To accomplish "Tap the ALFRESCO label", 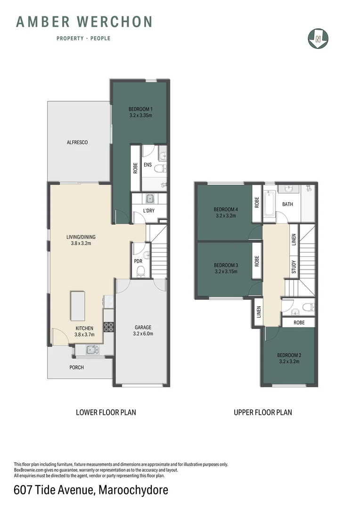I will (x=77, y=142).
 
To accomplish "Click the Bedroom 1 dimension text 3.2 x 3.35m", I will (x=140, y=115).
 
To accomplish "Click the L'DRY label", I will (x=149, y=211).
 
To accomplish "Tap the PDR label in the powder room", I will (x=138, y=261).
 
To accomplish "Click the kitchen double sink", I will (x=91, y=349).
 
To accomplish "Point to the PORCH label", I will (x=77, y=367).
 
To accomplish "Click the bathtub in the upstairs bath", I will (x=269, y=204).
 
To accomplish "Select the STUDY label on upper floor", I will (x=294, y=267).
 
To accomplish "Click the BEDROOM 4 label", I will (x=225, y=209).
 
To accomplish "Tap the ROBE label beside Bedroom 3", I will (x=257, y=261).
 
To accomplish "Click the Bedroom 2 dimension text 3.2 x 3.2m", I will (x=288, y=361).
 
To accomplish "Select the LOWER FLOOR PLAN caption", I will (x=106, y=412).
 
